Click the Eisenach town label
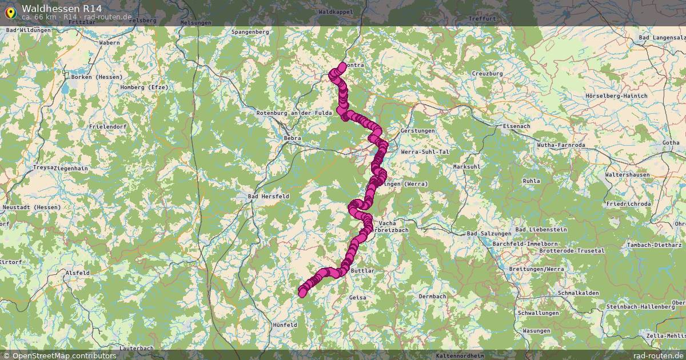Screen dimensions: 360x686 click(516, 126)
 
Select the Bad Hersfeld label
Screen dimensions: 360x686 click(268, 196)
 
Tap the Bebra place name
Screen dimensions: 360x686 click(292, 138)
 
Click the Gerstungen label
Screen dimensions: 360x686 click(418, 131)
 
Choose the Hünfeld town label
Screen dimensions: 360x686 click(284, 325)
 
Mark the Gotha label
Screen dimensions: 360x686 click(671, 142)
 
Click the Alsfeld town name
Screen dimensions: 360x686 click(78, 273)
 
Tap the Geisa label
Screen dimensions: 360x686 click(357, 298)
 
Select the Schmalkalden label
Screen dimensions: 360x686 click(580, 293)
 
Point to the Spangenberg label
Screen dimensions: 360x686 click(250, 32)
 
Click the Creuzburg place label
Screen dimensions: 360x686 click(487, 74)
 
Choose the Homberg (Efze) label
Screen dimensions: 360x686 click(143, 87)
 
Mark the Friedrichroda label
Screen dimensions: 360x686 click(628, 204)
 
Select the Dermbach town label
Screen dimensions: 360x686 click(432, 297)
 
